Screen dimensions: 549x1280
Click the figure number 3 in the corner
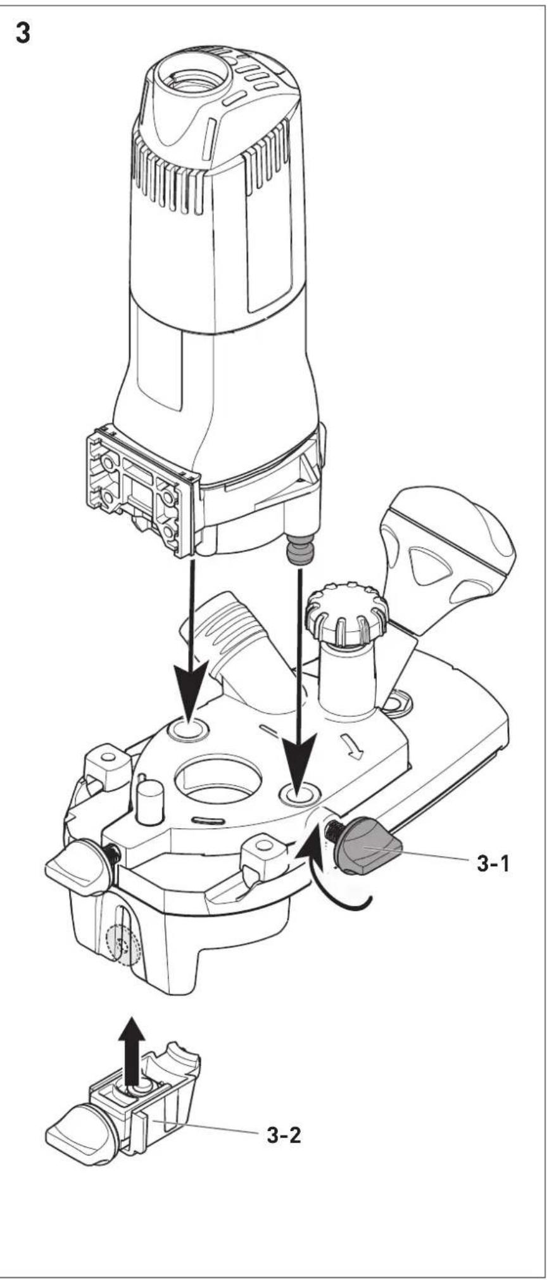(x=23, y=34)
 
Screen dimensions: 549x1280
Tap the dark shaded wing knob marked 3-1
(x=367, y=846)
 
